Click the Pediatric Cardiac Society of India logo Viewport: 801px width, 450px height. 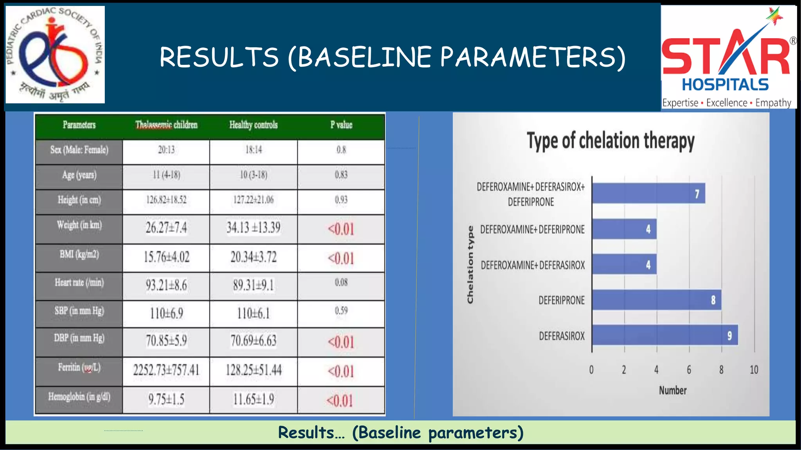(55, 54)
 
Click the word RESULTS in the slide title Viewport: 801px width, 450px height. (219, 57)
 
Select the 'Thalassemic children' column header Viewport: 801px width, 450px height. (166, 125)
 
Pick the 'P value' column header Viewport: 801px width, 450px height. (341, 125)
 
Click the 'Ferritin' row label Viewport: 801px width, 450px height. (79, 368)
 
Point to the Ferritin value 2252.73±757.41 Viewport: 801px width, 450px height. (166, 370)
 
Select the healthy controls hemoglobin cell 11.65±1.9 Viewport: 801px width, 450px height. (253, 400)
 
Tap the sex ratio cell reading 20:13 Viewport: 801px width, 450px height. (166, 150)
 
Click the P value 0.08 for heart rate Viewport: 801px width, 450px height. (341, 282)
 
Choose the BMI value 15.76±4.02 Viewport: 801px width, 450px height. (166, 257)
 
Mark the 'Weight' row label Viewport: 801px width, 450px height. (79, 225)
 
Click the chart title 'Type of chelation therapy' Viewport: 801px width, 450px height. (611, 141)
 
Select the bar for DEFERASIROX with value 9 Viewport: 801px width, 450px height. (665, 335)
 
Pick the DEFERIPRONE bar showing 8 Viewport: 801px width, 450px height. (657, 300)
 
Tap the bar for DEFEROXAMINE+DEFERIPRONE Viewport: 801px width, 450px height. (624, 229)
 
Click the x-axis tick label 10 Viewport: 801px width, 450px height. (754, 370)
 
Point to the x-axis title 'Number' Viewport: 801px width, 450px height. (673, 390)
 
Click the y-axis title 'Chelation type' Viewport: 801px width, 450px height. (470, 264)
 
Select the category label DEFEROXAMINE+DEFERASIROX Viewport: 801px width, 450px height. (533, 266)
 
